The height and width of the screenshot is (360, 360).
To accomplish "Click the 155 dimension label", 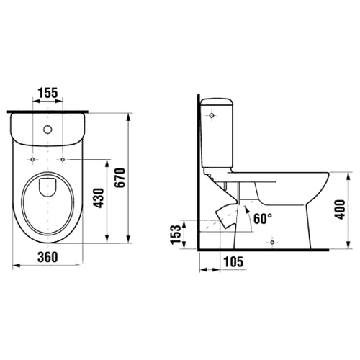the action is click(48, 92).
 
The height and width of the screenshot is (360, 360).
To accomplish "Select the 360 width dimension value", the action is click(48, 257).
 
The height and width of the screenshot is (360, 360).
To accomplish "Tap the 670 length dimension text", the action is click(120, 178).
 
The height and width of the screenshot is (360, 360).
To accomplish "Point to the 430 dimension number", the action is click(99, 198).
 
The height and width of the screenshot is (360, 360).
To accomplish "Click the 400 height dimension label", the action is click(340, 210).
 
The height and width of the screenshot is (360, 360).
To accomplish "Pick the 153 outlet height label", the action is click(176, 235).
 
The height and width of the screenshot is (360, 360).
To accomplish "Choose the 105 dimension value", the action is click(233, 261).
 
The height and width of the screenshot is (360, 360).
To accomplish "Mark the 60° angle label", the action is click(263, 219).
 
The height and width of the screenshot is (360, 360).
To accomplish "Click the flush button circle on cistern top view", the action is click(48, 130).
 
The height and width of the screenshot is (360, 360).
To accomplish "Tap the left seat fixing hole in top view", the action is click(33, 159).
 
